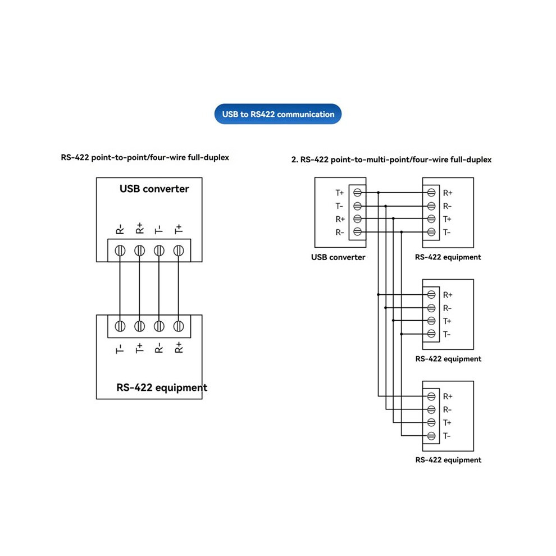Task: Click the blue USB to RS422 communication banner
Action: pos(278,114)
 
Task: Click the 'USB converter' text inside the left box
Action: pos(154,189)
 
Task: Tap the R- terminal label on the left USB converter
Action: pos(120,229)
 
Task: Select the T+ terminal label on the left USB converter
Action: pos(179,229)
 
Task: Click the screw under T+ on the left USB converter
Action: pos(179,250)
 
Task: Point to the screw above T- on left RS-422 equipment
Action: pos(120,326)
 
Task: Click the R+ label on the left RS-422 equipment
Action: pos(179,348)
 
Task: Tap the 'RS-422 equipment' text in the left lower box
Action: pos(162,388)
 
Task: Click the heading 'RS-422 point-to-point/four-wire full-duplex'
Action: pos(145,157)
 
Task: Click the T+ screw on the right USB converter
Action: pos(357,193)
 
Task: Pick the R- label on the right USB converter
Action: pos(340,233)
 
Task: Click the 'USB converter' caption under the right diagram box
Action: pos(338,257)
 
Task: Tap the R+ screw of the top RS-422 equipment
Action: pos(431,193)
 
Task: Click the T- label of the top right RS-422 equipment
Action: pos(447,233)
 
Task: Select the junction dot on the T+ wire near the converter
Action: pos(379,193)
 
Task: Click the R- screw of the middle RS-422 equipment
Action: pos(431,308)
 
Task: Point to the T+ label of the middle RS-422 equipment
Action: pos(447,321)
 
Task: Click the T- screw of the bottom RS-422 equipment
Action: pos(431,436)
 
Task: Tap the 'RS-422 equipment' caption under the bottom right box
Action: pos(448,460)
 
